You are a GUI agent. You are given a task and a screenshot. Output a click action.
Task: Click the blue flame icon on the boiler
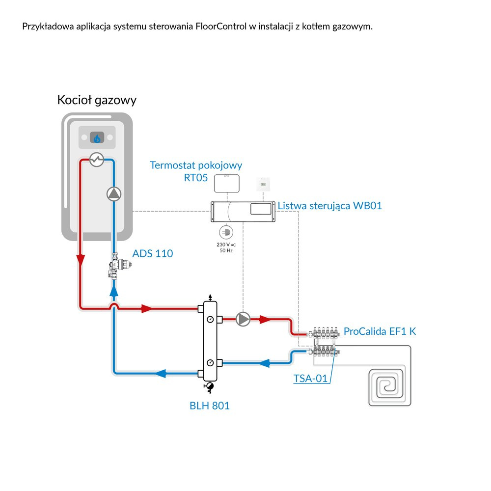(x=97, y=138)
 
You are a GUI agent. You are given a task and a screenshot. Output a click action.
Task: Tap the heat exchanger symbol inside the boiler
(x=96, y=160)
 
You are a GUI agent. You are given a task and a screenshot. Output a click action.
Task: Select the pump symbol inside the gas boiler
(x=113, y=194)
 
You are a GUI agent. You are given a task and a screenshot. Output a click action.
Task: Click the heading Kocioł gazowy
(x=97, y=100)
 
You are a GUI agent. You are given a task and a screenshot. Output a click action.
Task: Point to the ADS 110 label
(x=153, y=254)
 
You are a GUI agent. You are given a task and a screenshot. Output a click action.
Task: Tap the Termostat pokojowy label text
(x=196, y=165)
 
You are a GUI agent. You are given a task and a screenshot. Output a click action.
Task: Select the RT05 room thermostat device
(x=226, y=183)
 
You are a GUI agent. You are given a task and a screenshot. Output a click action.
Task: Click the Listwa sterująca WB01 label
(x=329, y=206)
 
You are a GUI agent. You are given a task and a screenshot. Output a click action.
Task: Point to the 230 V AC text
(x=226, y=244)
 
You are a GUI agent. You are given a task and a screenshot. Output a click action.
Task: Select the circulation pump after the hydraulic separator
(x=243, y=319)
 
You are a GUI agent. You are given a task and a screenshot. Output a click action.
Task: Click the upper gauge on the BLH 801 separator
(x=210, y=319)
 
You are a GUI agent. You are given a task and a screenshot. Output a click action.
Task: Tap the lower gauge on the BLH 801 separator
(x=210, y=363)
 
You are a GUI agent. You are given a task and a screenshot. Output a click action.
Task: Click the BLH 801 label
(x=210, y=406)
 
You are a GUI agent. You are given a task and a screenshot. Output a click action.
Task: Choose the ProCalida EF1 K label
(x=380, y=331)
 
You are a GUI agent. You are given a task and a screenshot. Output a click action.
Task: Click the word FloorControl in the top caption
(x=220, y=26)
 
